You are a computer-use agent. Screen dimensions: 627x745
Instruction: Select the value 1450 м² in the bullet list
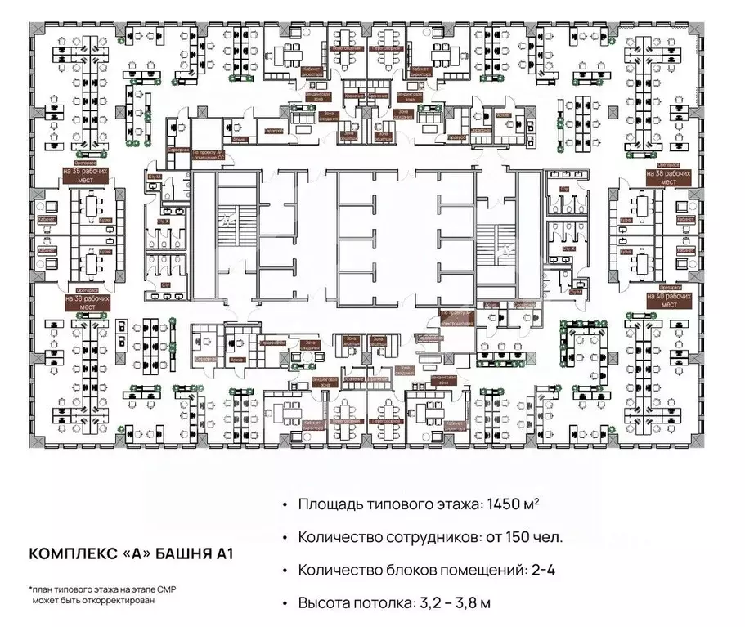click(x=507, y=505)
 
